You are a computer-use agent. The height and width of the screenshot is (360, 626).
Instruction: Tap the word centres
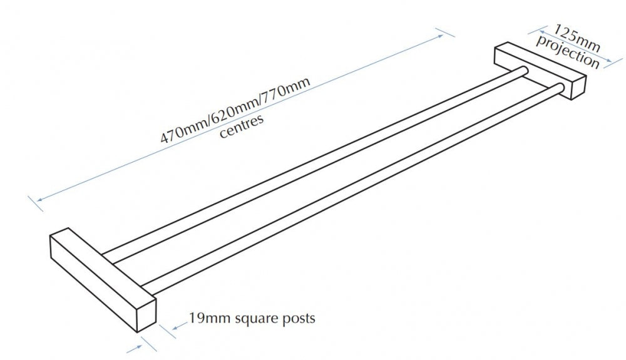pyautogui.click(x=242, y=126)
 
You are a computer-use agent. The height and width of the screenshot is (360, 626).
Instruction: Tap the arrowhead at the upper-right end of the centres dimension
pyautogui.click(x=440, y=36)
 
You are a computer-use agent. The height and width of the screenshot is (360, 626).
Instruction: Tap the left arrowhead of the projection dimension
pyautogui.click(x=541, y=31)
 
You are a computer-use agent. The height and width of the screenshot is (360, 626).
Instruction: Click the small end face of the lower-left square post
pyautogui.click(x=146, y=314)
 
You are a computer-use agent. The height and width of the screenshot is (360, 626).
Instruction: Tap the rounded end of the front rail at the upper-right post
pyautogui.click(x=560, y=88)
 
